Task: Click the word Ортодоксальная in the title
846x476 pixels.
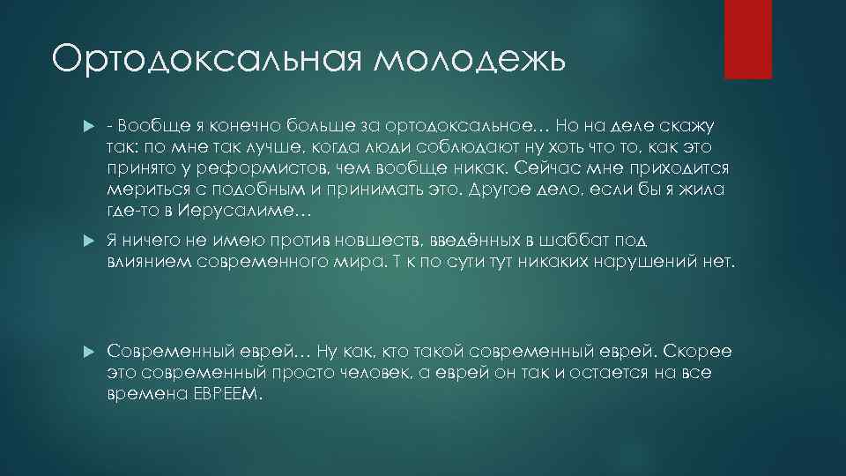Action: (x=197, y=60)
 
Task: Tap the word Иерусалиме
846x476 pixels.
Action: (x=240, y=212)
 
